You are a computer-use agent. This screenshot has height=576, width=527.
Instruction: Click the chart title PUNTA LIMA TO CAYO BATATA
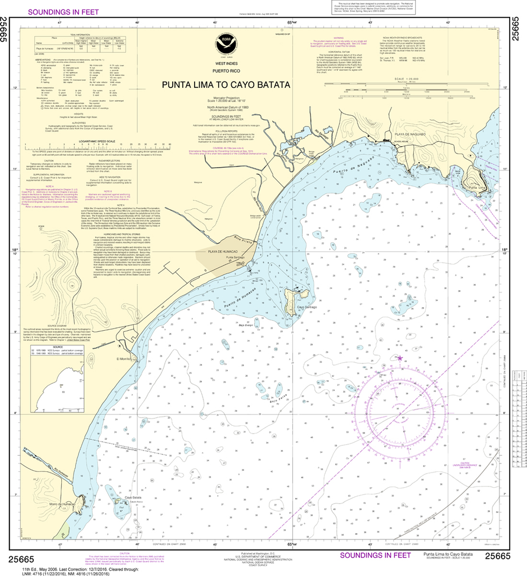click(226, 85)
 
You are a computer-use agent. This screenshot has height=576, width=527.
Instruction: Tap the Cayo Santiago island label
click(308, 308)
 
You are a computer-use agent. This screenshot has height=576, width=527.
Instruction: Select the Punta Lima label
click(477, 187)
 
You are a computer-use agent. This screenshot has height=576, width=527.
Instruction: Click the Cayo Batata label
click(133, 497)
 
